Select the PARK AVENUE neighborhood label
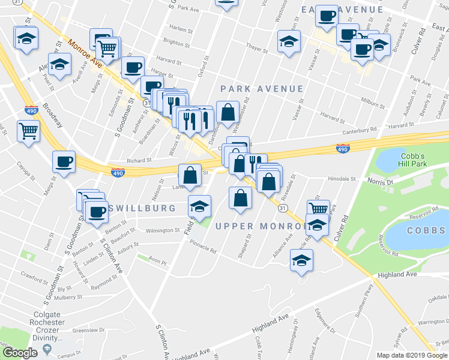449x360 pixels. click(x=262, y=89)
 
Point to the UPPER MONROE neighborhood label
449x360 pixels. click(x=260, y=226)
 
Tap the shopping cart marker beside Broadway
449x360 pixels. click(x=29, y=131)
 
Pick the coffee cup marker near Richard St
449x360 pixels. click(x=64, y=161)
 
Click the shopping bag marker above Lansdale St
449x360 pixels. click(x=190, y=175)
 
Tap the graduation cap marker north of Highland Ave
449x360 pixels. click(x=301, y=260)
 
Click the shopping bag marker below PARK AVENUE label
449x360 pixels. click(x=228, y=112)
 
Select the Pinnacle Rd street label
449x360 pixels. click(x=202, y=247)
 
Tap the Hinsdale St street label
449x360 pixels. click(x=342, y=179)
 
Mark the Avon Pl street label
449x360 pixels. click(x=157, y=262)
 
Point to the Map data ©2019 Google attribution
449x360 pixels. click(x=411, y=355)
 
